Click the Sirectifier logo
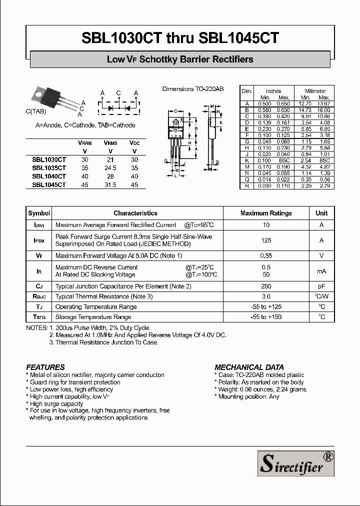[295, 462]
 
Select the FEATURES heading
[45, 367]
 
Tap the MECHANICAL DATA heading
[249, 367]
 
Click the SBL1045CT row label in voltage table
[49, 184]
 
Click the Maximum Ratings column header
[266, 213]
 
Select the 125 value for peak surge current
[266, 240]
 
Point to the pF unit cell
[321, 286]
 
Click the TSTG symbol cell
[39, 317]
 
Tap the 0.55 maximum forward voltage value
[266, 255]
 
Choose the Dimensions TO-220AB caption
[192, 89]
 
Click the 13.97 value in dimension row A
[324, 103]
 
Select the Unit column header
[321, 213]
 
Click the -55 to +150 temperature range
[266, 317]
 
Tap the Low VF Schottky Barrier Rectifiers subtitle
[180, 59]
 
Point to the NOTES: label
[36, 328]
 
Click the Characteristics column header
[135, 213]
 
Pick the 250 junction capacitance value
[266, 286]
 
